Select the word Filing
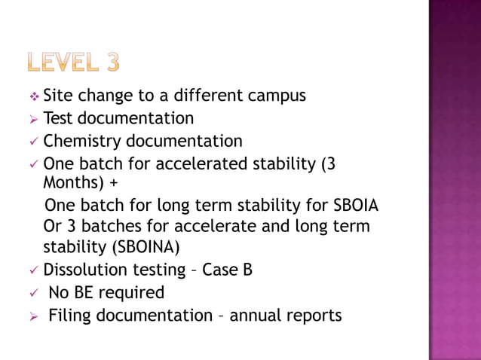point(70,315)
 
